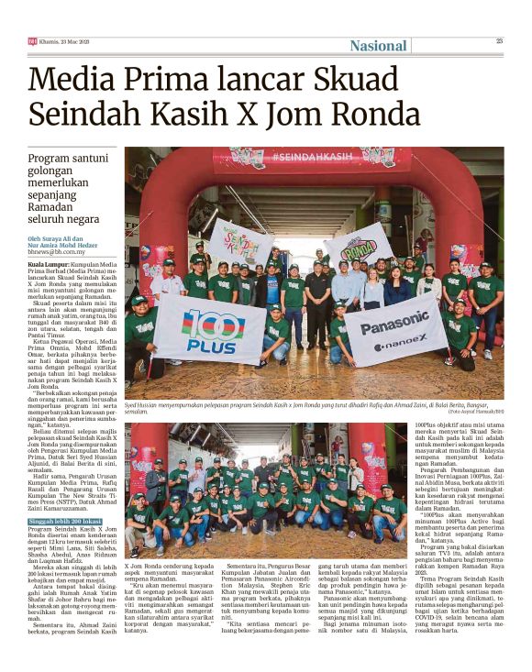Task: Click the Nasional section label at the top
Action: (x=378, y=46)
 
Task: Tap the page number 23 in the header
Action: (x=500, y=40)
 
